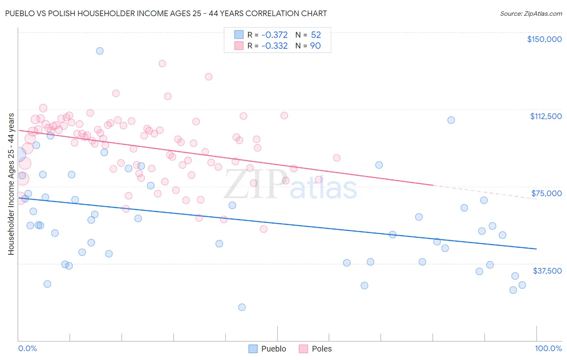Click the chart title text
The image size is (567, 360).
(166, 13)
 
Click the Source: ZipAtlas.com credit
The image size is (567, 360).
(531, 13)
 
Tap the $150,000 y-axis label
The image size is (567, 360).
(544, 39)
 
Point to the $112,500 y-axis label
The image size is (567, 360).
(545, 116)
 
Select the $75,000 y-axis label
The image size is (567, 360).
(546, 193)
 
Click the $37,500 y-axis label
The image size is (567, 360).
(547, 271)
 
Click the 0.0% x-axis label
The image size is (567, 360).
(27, 348)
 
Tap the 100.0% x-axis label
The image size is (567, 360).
(548, 348)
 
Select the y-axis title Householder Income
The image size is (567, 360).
(11, 184)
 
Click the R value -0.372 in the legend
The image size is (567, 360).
(274, 35)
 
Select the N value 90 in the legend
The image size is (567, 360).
(315, 46)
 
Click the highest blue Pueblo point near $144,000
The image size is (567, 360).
(100, 51)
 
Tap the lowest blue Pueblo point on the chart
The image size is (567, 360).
(242, 307)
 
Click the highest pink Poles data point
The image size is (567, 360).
(162, 63)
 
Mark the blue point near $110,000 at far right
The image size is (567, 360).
(451, 120)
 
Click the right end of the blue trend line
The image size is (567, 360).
(536, 249)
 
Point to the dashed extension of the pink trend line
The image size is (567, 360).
(484, 192)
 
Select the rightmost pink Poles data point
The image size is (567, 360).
(336, 158)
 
